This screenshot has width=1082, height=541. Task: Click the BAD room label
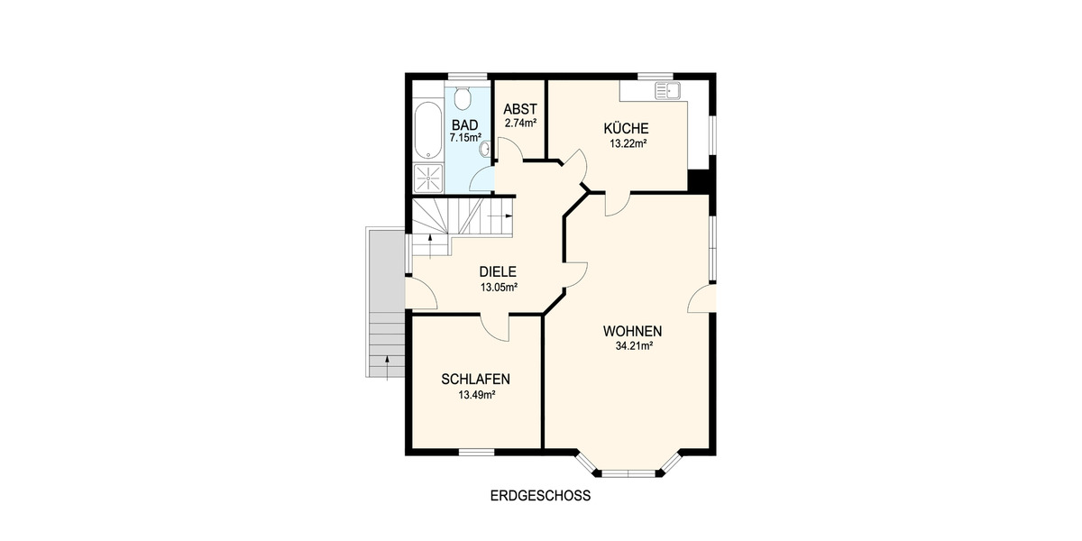pos(465,124)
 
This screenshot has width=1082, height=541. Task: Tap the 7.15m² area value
pos(465,138)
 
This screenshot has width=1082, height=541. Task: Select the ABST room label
pos(520,109)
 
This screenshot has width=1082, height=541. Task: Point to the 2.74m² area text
pos(520,123)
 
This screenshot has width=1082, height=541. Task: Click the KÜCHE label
pos(626,128)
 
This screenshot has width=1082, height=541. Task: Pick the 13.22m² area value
pos(626,142)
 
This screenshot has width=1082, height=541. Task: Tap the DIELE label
pos(498,271)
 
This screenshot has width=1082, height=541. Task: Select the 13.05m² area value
pos(498,288)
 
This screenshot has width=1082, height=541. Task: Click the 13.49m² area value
pos(471,394)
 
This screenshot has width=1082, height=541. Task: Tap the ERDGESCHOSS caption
pos(539,495)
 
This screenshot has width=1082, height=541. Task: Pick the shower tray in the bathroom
pos(427,178)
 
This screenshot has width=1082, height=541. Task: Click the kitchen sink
pos(670,89)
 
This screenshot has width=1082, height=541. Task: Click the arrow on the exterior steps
pos(386,363)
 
